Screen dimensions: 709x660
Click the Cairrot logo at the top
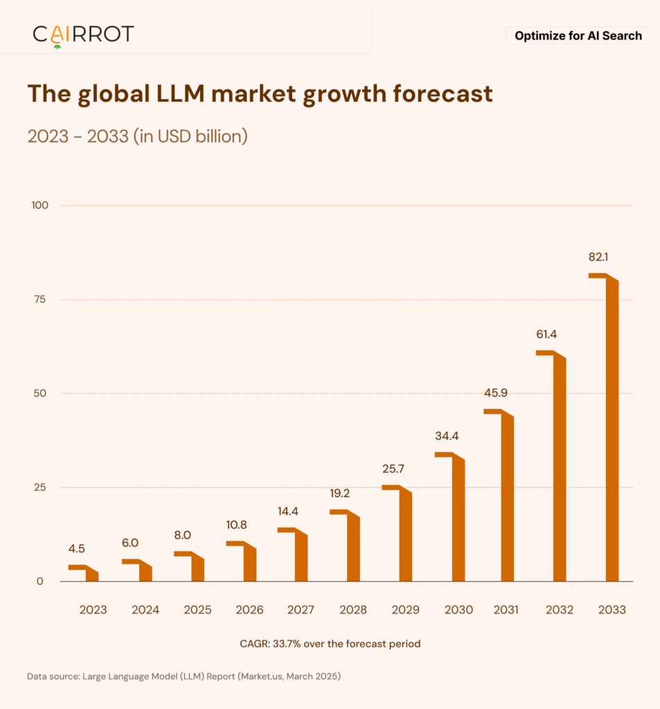(83, 34)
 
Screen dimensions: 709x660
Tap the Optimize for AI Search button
(578, 36)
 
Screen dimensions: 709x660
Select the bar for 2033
(612, 429)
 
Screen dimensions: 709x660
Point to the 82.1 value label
(598, 257)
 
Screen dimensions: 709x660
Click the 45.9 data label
(496, 393)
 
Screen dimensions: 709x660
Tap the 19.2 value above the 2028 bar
(340, 494)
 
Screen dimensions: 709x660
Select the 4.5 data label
(77, 549)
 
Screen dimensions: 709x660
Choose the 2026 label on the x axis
(249, 610)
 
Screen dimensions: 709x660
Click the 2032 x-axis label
(560, 610)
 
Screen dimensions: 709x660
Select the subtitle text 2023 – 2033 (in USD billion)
(137, 136)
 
